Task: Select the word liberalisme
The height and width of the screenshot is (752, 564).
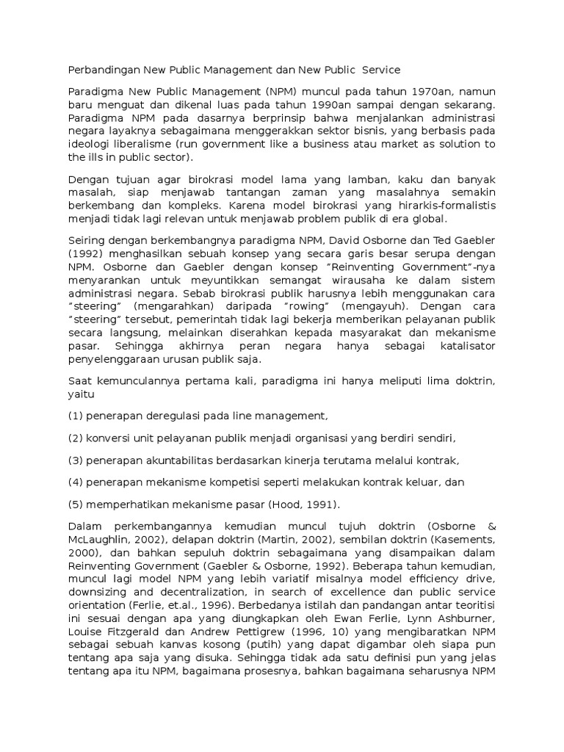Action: (x=135, y=144)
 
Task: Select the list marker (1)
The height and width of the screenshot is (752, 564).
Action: (x=76, y=416)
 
